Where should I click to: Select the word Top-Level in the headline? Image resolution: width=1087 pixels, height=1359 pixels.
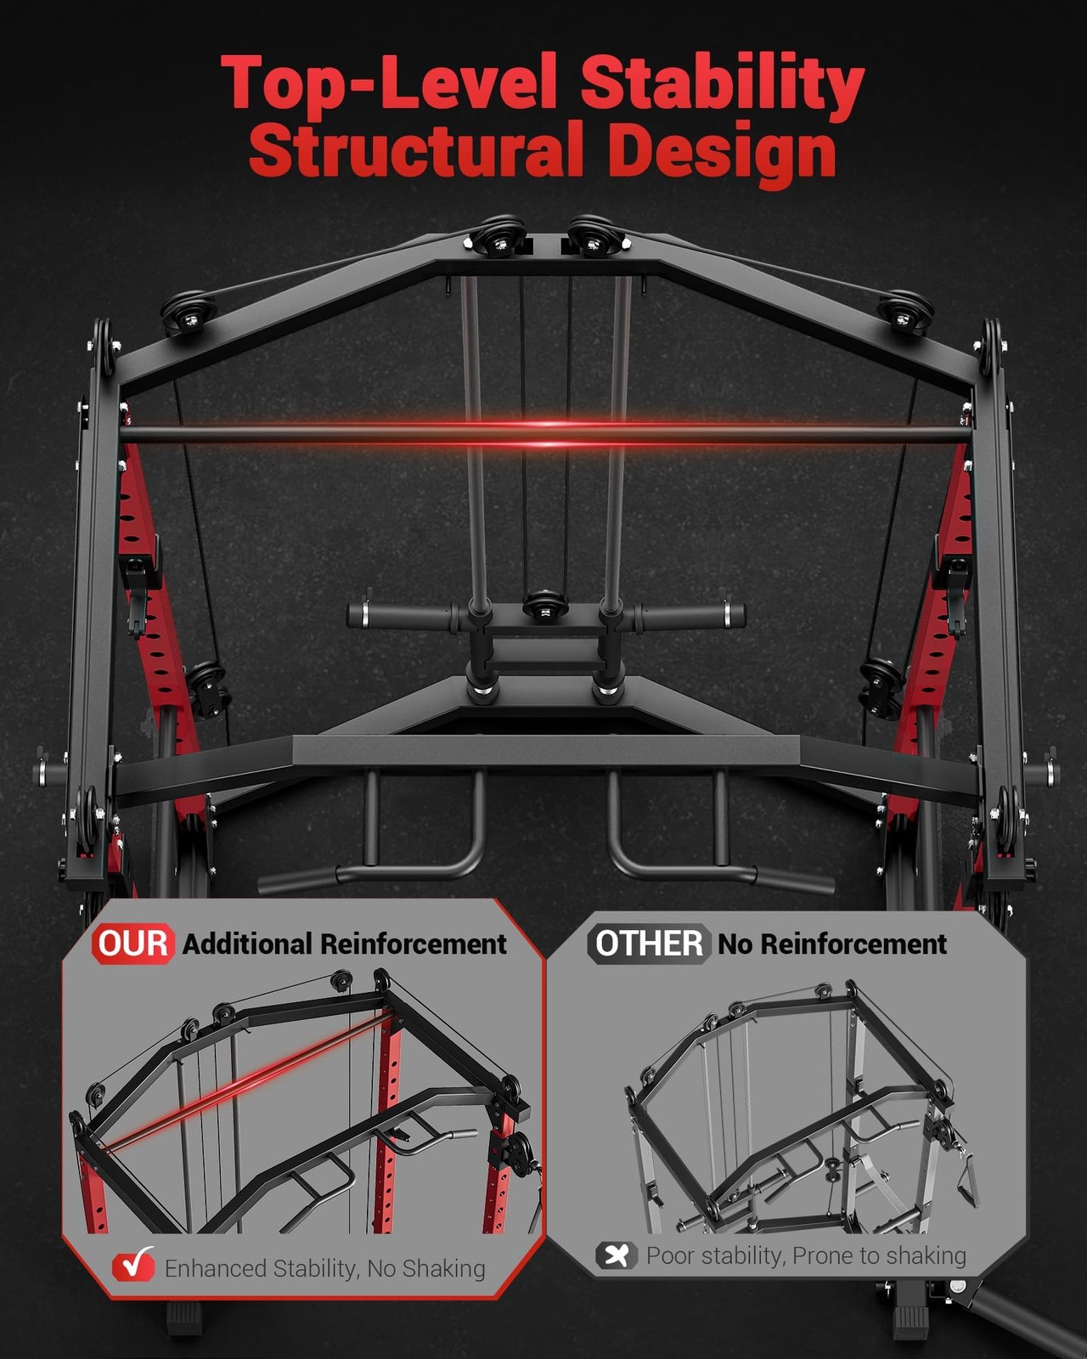click(388, 83)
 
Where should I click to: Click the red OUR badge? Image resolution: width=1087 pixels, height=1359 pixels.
click(133, 944)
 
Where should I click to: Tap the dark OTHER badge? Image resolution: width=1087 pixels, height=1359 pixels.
click(649, 944)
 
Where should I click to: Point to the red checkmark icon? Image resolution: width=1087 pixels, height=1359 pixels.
click(134, 1264)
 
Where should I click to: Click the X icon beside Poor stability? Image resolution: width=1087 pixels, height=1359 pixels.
click(617, 1255)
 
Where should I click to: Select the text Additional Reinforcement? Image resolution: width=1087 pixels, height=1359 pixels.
click(344, 945)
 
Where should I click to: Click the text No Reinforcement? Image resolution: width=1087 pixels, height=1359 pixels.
click(832, 945)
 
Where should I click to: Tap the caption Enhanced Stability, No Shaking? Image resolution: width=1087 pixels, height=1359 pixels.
click(324, 1267)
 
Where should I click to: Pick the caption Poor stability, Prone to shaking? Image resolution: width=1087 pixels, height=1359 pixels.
click(806, 1255)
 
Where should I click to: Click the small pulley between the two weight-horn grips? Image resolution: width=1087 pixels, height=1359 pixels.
click(545, 605)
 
